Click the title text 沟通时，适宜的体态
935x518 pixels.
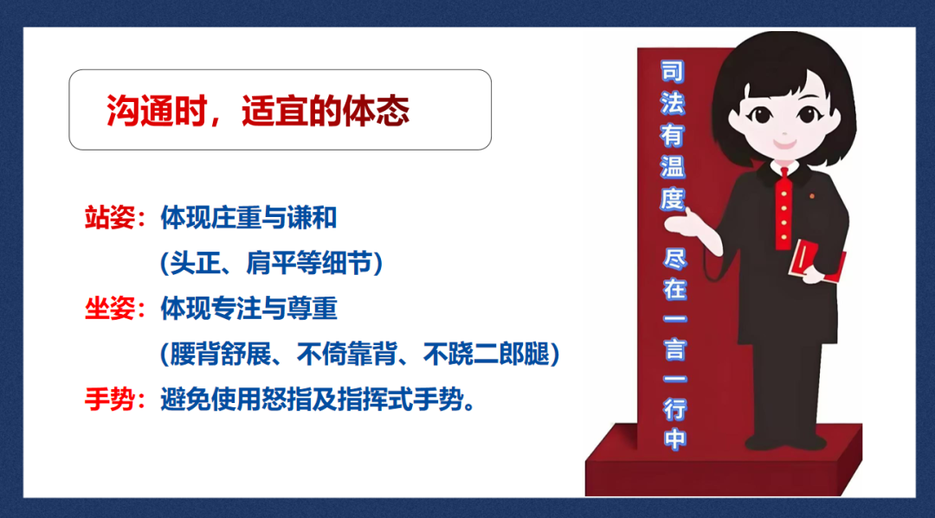(257, 112)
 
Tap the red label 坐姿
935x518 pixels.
(108, 309)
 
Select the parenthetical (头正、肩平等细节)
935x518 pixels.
(271, 264)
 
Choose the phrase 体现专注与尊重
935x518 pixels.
(248, 309)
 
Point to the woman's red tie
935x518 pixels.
(783, 208)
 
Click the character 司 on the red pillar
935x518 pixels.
(673, 72)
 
